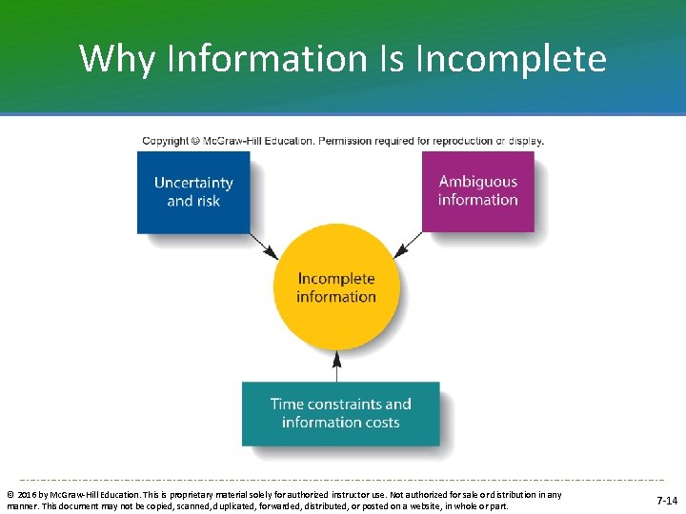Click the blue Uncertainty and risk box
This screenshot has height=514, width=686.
tap(193, 191)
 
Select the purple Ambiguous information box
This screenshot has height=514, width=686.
tap(477, 190)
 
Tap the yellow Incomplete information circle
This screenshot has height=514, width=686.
tap(335, 287)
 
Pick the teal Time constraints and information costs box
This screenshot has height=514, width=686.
tap(340, 413)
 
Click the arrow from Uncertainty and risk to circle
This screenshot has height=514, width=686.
tap(264, 246)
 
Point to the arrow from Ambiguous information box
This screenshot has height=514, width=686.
tap(409, 245)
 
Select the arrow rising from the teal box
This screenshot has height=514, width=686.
tap(335, 366)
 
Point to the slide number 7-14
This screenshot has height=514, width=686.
tap(667, 501)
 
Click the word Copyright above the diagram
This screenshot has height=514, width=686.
tap(166, 141)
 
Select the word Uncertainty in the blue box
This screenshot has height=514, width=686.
tap(193, 183)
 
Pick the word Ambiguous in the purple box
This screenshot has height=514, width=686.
tap(477, 181)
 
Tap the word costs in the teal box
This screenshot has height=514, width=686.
tap(376, 422)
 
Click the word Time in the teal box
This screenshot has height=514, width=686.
tap(288, 404)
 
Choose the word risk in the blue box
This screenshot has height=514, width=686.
tap(207, 201)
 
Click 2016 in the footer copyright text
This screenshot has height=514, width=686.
tap(29, 495)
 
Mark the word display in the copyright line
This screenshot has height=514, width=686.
tap(525, 141)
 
